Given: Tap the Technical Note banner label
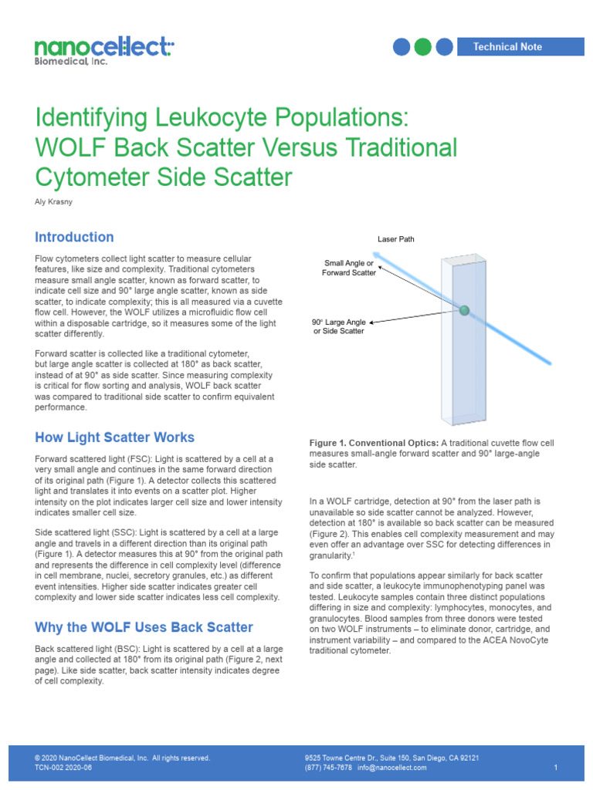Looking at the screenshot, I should [x=507, y=47].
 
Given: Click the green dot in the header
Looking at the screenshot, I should [x=422, y=47].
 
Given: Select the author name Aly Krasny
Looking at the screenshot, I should [x=54, y=201].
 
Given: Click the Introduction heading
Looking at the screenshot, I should [x=74, y=238].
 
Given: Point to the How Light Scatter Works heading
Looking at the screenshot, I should [x=114, y=437].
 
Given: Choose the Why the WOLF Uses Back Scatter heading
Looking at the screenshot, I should [x=144, y=627].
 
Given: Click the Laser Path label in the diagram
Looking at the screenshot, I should [x=395, y=239].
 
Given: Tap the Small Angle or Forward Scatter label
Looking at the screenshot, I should [x=349, y=268].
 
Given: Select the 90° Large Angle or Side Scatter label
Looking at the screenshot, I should [x=337, y=326].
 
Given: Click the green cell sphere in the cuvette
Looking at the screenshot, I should [x=464, y=310].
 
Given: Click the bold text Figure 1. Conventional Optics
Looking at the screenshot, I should [x=374, y=443].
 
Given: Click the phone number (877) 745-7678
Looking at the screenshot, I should [x=329, y=768].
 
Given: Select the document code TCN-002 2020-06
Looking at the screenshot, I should [x=63, y=768].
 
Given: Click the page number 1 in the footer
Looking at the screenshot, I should [x=556, y=768].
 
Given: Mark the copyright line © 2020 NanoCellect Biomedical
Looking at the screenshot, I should [x=123, y=758].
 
